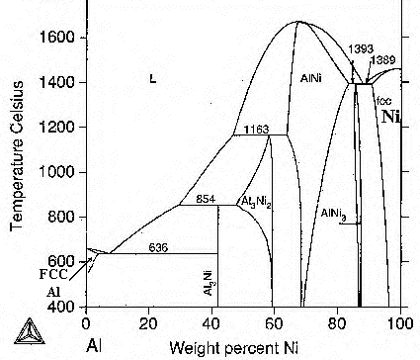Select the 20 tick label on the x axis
(149, 323)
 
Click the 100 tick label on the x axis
(400, 323)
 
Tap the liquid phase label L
(152, 78)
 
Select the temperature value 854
(205, 198)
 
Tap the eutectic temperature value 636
(158, 245)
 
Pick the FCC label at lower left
(54, 274)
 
